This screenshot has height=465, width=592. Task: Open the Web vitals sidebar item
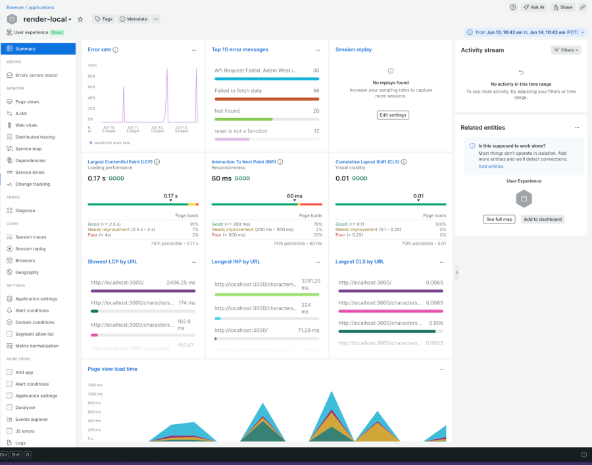click(26, 125)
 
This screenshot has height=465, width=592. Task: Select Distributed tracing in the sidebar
click(35, 137)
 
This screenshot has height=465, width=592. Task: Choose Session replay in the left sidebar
click(30, 249)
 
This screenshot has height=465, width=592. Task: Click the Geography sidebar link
click(27, 272)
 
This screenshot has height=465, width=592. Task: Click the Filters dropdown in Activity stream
click(566, 50)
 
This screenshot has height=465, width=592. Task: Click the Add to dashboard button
click(543, 219)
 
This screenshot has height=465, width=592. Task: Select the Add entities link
click(491, 167)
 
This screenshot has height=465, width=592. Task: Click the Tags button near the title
click(103, 19)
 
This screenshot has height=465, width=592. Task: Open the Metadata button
click(134, 19)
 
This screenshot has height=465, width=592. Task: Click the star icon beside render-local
click(80, 19)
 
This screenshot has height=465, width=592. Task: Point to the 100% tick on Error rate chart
click(92, 66)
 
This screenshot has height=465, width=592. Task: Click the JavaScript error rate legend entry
click(111, 142)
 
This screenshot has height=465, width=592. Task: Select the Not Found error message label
click(227, 111)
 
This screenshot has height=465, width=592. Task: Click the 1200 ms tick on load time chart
click(95, 385)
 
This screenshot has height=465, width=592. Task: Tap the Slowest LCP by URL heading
click(112, 261)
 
